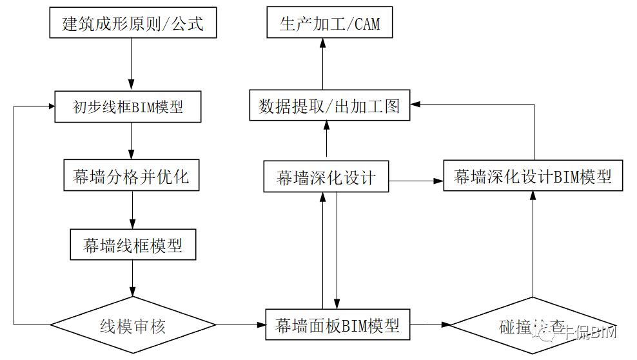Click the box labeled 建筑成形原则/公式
point(132,25)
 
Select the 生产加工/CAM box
point(329,25)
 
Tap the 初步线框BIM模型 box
point(128,106)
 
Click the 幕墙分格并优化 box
point(132,176)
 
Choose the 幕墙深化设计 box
point(326,177)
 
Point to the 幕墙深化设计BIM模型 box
point(533,176)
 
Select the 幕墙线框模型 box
point(133,245)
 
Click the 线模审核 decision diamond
point(133,325)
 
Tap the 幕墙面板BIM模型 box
point(337,325)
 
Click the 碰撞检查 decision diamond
point(532,326)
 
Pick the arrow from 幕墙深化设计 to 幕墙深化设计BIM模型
point(416,181)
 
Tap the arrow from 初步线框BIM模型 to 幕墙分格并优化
point(132,140)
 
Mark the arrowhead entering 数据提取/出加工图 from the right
point(416,103)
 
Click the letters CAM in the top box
point(365,25)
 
